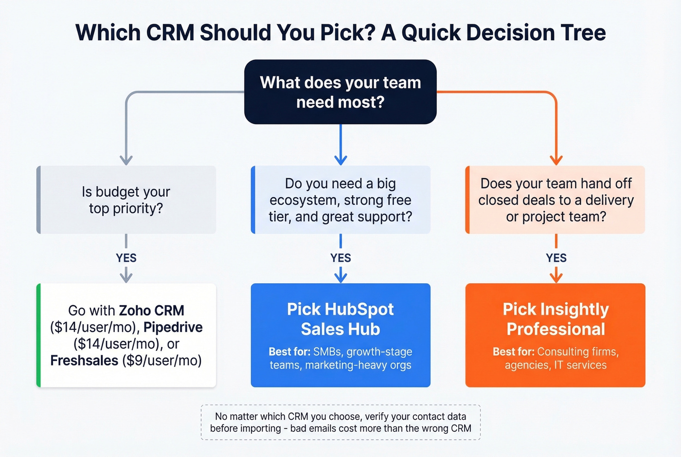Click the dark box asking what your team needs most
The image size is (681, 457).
tap(340, 92)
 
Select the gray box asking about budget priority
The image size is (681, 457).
tap(126, 200)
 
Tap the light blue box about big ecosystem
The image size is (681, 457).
tap(340, 200)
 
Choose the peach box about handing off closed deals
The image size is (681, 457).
tap(556, 200)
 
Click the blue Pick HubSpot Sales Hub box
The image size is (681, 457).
tap(340, 335)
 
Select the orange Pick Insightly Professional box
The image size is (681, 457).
tap(556, 335)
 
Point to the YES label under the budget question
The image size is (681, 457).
tap(126, 258)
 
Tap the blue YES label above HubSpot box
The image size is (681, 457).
tap(340, 258)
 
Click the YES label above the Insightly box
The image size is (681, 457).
tap(556, 258)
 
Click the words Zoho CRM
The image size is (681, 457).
tap(151, 311)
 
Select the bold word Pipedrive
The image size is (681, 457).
tap(173, 327)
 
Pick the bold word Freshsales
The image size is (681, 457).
tap(84, 361)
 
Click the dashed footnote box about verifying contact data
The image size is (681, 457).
tap(340, 422)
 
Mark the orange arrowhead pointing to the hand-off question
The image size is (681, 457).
tap(556, 160)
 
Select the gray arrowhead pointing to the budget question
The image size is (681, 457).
tap(126, 160)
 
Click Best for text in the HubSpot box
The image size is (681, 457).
tap(289, 352)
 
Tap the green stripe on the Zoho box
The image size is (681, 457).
tap(38, 335)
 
